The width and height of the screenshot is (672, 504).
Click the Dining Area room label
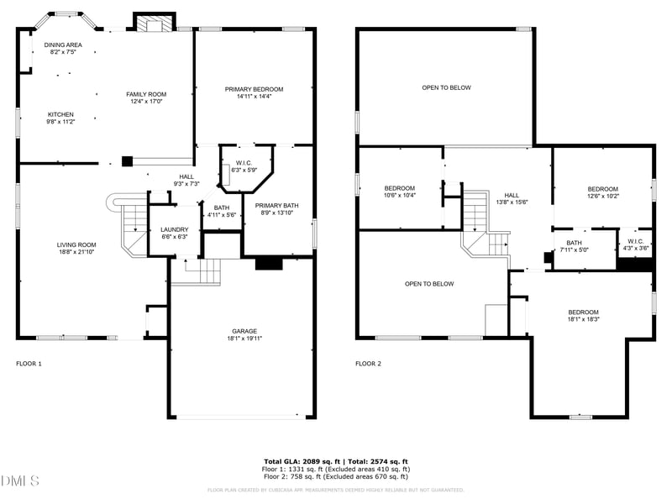click(63, 44)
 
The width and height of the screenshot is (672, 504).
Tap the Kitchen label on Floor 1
click(60, 114)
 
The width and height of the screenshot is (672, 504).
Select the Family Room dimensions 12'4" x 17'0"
click(146, 102)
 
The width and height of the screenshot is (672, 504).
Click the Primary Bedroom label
click(254, 89)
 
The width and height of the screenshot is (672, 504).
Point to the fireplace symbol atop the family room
click(155, 24)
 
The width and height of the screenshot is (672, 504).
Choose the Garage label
click(244, 331)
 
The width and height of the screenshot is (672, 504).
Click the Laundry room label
click(175, 229)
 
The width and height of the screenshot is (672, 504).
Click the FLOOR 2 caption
click(368, 364)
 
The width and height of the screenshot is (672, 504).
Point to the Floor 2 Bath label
click(574, 243)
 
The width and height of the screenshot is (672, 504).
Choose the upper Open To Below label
click(446, 87)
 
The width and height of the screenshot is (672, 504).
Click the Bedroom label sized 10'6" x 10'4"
click(400, 188)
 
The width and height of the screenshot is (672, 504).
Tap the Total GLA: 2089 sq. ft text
click(301, 462)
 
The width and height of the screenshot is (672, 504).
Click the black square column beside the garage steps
click(268, 264)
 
